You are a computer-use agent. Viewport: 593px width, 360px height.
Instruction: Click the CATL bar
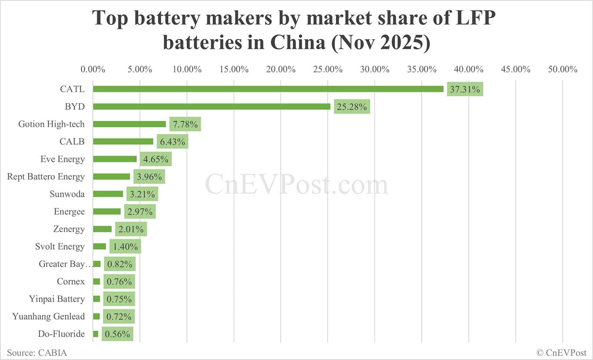pos(268,89)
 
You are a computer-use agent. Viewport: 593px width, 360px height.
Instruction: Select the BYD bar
pos(212,106)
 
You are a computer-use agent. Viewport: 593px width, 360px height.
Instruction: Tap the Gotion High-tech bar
pos(129,124)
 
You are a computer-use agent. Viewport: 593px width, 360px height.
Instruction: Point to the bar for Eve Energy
pos(115,159)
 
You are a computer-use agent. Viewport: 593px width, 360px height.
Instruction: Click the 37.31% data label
pos(465,89)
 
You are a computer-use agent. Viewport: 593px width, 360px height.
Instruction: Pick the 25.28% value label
pos(352,107)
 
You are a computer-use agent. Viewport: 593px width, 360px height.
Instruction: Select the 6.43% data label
pos(172,142)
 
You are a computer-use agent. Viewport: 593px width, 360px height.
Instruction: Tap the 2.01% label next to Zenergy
pos(131,229)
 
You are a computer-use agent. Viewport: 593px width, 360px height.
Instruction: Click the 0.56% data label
pos(117,334)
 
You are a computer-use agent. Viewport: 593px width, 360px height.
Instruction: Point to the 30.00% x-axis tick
pos(375,69)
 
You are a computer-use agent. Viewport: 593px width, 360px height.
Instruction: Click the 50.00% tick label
pos(563,69)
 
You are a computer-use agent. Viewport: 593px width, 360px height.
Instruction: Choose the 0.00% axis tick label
pos(93,69)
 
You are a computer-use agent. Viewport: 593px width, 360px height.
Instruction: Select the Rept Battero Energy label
pos(46,176)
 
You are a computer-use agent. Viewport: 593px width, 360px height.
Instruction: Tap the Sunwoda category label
pos(67,194)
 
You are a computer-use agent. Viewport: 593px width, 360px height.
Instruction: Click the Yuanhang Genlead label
pos(49,316)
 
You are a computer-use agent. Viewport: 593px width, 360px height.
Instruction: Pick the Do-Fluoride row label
pos(62,334)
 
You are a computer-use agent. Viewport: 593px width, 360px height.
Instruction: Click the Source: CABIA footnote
pos(37,353)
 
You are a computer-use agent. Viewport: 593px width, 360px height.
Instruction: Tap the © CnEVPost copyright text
pos(561,353)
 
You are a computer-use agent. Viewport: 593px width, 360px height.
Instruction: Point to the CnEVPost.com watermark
pos(296,184)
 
